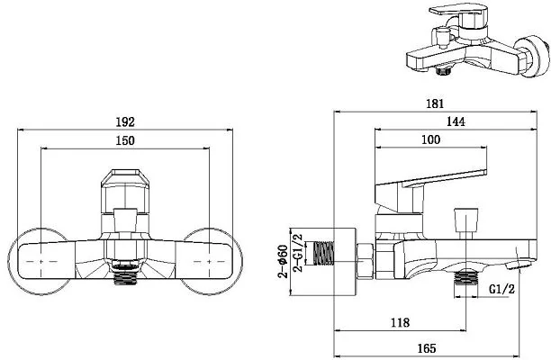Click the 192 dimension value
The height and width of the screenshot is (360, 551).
pos(125,121)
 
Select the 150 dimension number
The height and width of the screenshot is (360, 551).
pos(125,140)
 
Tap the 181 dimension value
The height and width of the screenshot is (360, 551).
pos(435,103)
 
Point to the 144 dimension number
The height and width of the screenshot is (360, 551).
pos(456,121)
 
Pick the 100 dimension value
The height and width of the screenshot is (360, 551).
pos(431,139)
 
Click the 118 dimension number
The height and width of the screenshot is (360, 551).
pos(401,322)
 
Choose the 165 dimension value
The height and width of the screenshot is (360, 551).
pos(427,348)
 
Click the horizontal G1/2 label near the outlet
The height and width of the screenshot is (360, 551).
pos(501,289)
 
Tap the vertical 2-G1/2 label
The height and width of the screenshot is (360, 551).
pos(298,253)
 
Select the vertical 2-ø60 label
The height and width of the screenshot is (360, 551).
pos(283,261)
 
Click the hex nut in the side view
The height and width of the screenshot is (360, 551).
pos(366,260)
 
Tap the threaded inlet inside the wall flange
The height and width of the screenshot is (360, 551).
pos(323,253)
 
